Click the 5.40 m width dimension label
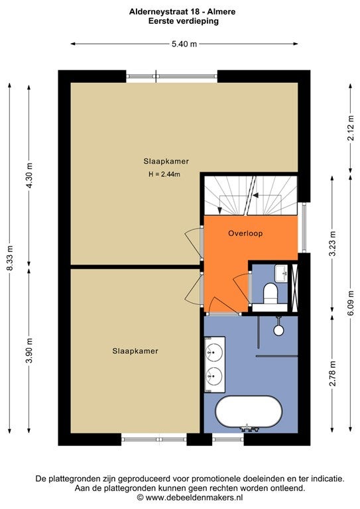point(184,44)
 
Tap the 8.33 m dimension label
point(10,258)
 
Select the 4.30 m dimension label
point(29,175)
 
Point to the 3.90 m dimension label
point(29,351)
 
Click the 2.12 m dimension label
point(350,128)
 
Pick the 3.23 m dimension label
point(332,243)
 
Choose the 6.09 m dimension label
point(350,302)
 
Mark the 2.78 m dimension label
point(332,373)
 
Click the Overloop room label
point(245,233)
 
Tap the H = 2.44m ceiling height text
point(164,174)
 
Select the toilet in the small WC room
point(270,293)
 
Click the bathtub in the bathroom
point(249,412)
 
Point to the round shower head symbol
point(278,330)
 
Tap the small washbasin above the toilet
point(281,274)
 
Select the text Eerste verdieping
point(184,21)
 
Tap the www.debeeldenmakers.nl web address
point(194,497)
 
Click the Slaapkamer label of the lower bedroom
point(135,351)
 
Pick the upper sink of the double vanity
point(214,351)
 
